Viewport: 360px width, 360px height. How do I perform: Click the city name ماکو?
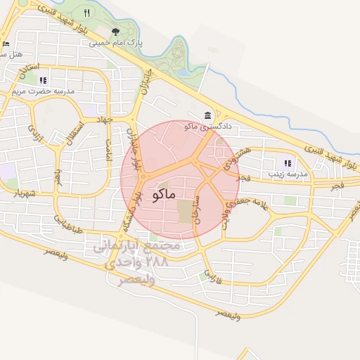coord(162,195)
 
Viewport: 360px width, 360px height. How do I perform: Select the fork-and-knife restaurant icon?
coord(87,13)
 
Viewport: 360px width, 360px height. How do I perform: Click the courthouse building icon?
coord(207,115)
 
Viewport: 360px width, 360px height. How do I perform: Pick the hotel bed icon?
coord(6,44)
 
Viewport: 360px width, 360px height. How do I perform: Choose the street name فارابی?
coord(212,276)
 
